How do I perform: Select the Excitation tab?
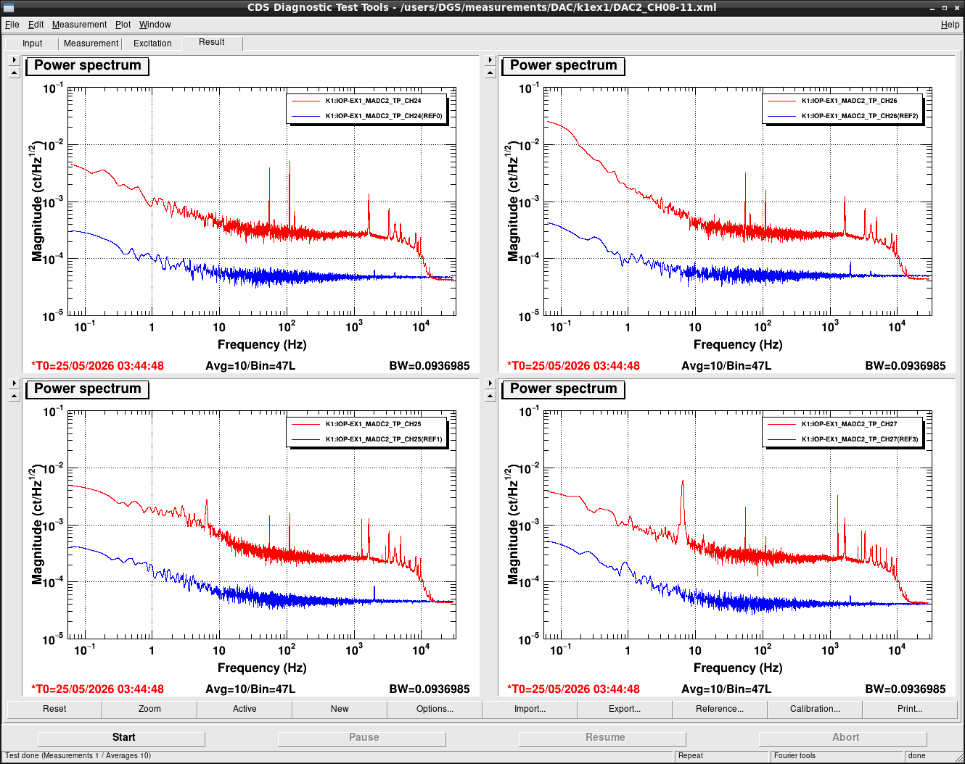click(x=152, y=43)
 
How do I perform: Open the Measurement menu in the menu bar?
click(x=79, y=25)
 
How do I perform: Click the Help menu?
click(x=950, y=25)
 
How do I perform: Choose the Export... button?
click(x=624, y=709)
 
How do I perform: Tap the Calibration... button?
click(x=815, y=709)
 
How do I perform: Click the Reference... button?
click(x=719, y=709)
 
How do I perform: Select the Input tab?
click(x=32, y=43)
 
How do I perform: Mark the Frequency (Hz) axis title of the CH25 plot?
click(x=262, y=668)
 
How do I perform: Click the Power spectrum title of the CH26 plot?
click(x=563, y=65)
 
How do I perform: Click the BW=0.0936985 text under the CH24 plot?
click(x=429, y=365)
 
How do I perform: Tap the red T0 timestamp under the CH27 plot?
click(x=573, y=689)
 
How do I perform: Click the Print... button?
click(x=909, y=709)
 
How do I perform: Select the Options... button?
click(x=435, y=709)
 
